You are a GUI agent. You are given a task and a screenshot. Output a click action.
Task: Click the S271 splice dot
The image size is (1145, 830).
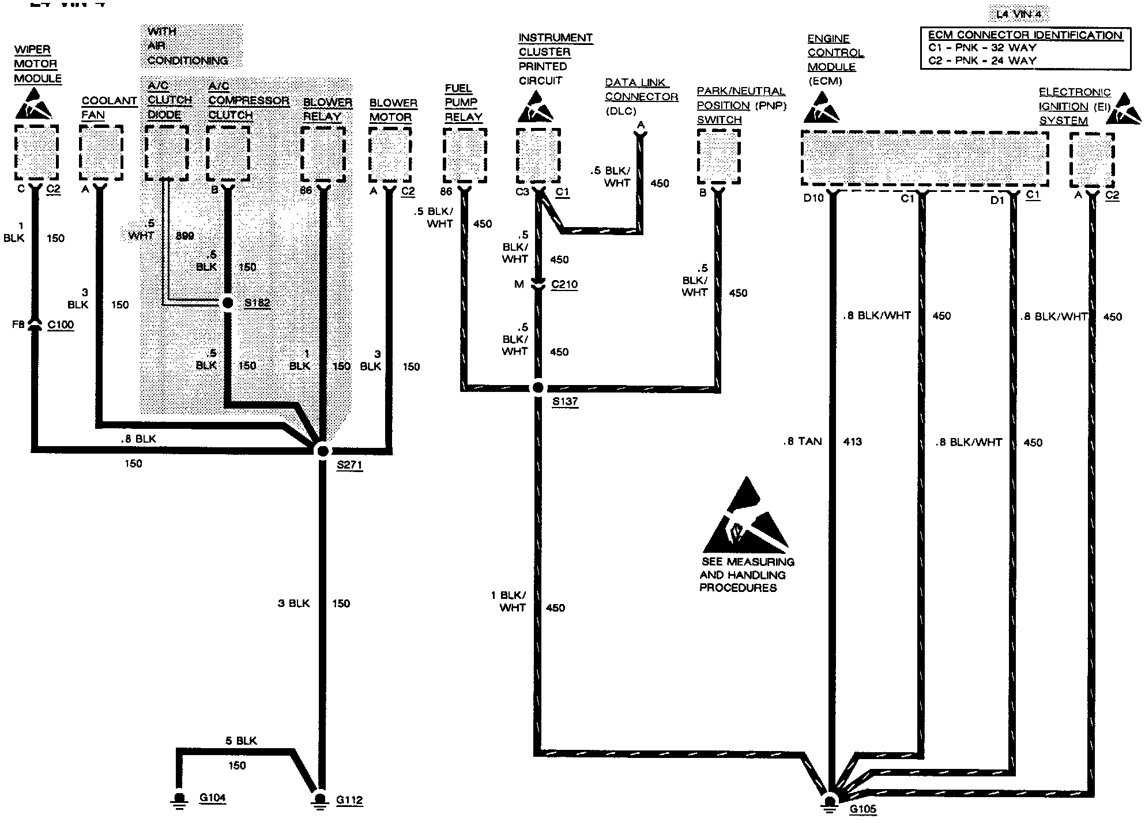(x=322, y=451)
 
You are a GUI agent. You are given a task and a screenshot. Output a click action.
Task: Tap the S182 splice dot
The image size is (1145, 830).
(x=228, y=303)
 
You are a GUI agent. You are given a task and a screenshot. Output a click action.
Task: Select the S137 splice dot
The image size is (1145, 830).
(x=538, y=388)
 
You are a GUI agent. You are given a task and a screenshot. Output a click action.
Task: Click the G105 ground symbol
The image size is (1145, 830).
(x=829, y=802)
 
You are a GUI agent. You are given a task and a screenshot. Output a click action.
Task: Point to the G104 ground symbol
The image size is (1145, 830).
(x=179, y=800)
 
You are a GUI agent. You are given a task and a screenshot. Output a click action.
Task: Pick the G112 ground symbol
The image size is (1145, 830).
(x=320, y=801)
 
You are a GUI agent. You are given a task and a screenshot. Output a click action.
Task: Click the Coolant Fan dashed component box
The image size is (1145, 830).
(x=101, y=153)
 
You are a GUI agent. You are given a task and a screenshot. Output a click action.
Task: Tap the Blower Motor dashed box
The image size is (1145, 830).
(x=390, y=154)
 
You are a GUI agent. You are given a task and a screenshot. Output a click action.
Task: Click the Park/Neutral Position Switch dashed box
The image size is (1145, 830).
(x=718, y=156)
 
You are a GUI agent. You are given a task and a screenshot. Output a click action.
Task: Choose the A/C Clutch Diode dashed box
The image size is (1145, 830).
(x=167, y=153)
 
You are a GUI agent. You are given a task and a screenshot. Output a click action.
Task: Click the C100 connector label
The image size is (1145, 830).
(x=61, y=325)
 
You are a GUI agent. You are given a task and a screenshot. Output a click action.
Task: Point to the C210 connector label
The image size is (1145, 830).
(x=564, y=285)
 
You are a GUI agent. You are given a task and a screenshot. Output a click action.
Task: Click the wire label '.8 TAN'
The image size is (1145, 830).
(x=803, y=442)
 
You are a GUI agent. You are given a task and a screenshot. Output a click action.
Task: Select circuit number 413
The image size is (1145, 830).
(x=852, y=442)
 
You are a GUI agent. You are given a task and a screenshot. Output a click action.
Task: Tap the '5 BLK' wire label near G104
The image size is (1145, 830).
(x=241, y=741)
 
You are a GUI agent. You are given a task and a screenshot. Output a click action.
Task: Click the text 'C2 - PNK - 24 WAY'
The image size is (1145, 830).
(x=982, y=61)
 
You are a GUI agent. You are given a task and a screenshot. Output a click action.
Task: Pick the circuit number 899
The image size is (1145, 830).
(x=184, y=236)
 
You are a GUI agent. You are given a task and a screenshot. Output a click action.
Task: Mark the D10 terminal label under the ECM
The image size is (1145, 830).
(x=813, y=199)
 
